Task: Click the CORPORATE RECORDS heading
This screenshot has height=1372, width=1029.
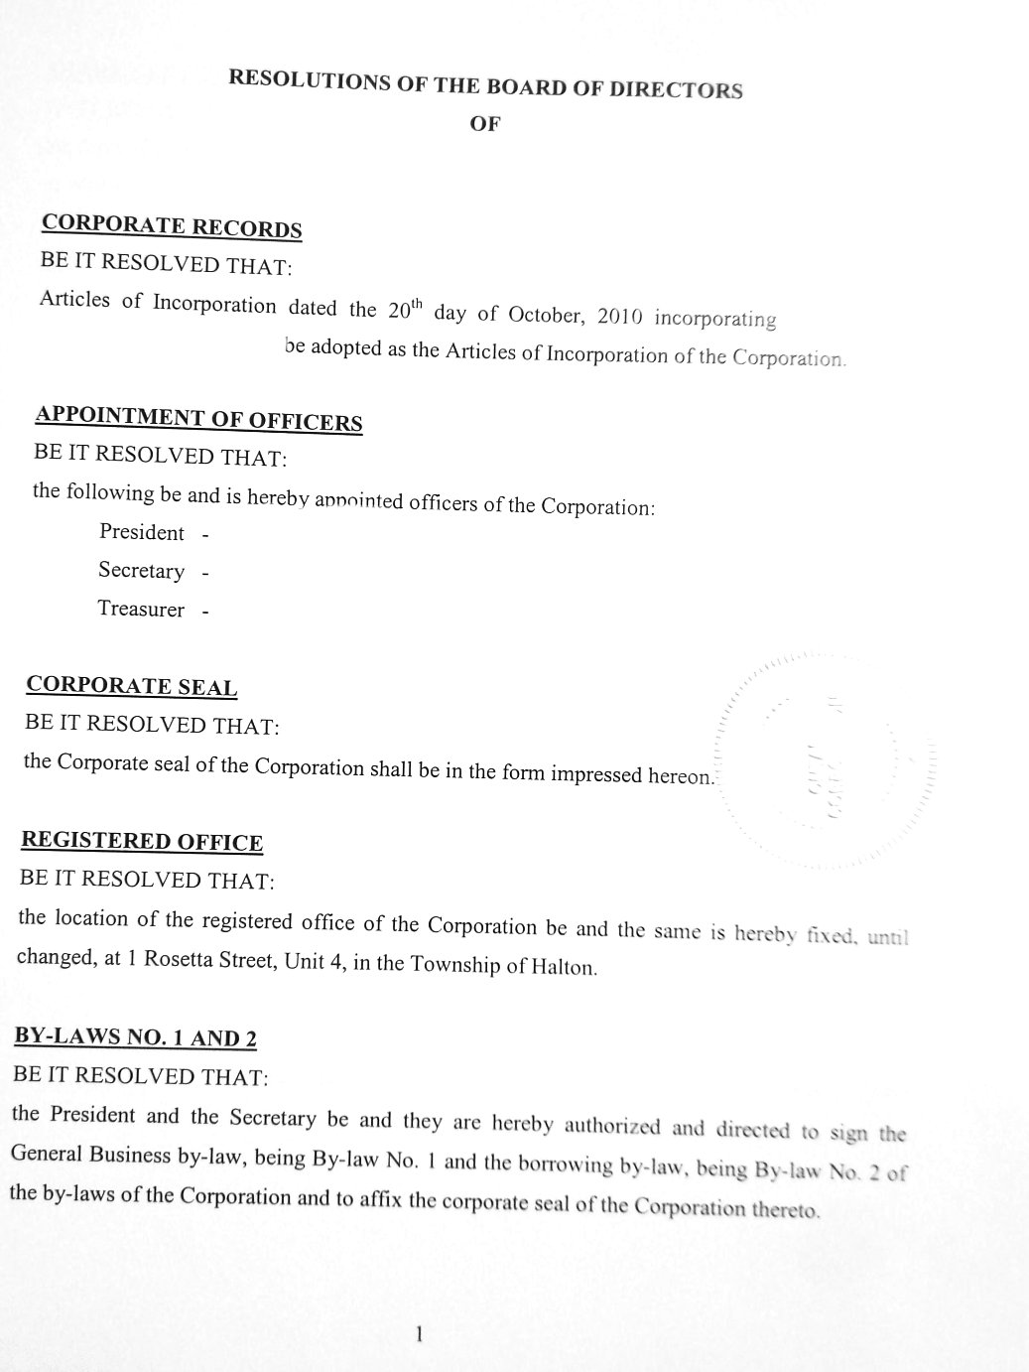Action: [172, 225]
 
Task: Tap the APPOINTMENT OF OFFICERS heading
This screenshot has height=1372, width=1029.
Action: [198, 418]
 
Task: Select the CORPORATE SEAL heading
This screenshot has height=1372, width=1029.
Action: [132, 685]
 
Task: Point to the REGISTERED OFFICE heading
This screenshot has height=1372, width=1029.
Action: [142, 841]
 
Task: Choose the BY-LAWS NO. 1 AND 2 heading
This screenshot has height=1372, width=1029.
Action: [135, 1037]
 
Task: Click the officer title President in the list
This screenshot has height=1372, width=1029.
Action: [142, 532]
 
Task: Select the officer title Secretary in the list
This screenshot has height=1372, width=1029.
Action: [141, 571]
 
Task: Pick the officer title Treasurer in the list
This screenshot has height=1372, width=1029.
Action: [141, 609]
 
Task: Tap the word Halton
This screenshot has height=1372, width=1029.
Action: [567, 967]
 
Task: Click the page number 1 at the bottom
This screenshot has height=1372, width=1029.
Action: [419, 1334]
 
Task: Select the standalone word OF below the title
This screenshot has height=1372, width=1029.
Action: [485, 124]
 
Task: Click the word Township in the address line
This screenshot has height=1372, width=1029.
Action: [455, 964]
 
